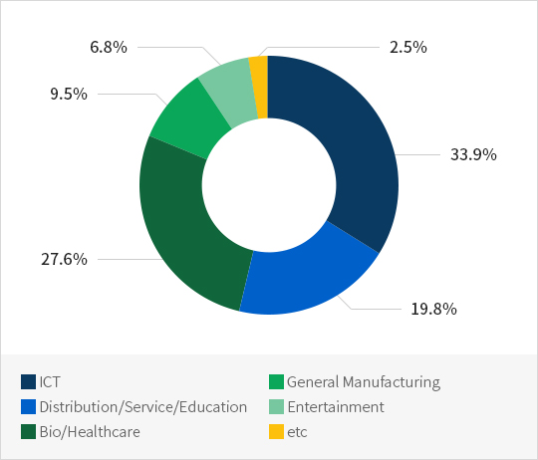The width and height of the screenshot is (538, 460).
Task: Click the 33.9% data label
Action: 473,154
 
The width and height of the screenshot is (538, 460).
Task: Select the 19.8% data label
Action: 433,309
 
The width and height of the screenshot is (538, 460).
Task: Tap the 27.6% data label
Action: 64,259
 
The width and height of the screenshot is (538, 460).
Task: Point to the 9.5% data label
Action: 69,94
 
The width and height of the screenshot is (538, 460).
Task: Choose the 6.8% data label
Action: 109,47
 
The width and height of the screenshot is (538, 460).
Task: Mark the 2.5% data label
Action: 408,47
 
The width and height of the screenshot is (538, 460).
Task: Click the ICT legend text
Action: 50,382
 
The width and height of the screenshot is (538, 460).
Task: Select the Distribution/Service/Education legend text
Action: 143,407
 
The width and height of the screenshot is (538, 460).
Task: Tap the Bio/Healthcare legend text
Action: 90,432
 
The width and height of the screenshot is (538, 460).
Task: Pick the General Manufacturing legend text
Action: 364,382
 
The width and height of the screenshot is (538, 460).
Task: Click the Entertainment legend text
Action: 336,407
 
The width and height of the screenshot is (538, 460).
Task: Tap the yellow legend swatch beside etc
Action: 276,431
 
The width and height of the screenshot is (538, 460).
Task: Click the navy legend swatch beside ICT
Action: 28,382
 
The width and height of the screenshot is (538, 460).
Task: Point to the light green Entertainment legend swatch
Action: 276,407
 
